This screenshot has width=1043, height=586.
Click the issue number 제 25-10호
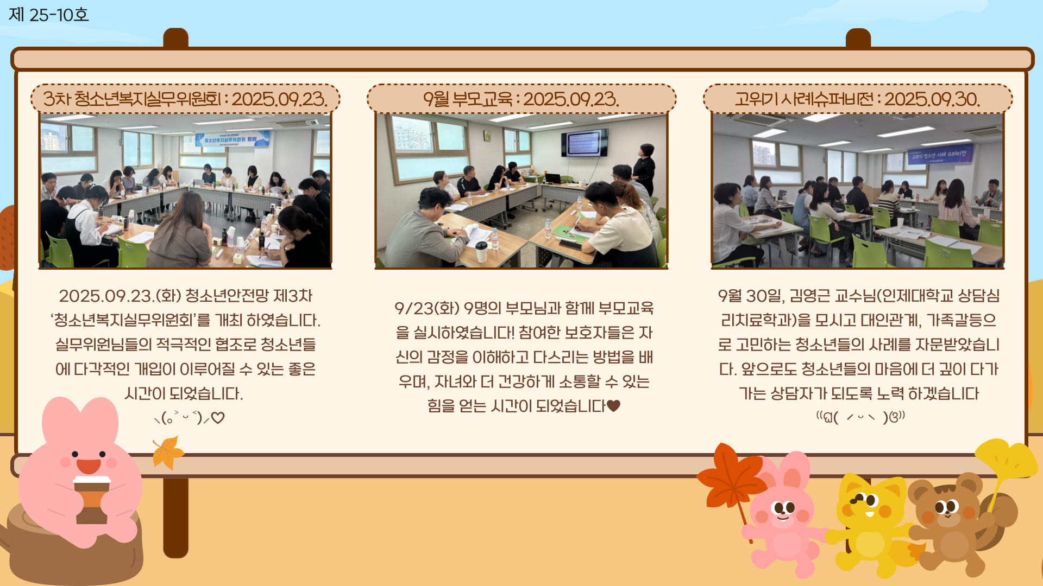point(48,15)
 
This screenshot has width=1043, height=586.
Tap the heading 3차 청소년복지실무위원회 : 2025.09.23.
point(185,99)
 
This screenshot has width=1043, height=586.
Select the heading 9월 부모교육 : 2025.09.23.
point(521,99)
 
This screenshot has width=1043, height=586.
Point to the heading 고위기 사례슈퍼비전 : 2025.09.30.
point(857,99)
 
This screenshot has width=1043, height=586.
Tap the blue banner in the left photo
point(231,140)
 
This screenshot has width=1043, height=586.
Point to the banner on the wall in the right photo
point(940,155)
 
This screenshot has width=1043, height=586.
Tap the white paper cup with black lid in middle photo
point(481,251)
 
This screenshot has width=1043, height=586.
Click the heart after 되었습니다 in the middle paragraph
point(613,406)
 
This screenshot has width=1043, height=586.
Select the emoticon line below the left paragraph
point(189,418)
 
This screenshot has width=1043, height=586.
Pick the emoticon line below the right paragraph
point(860,417)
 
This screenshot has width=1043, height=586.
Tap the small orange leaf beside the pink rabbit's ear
point(168,453)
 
